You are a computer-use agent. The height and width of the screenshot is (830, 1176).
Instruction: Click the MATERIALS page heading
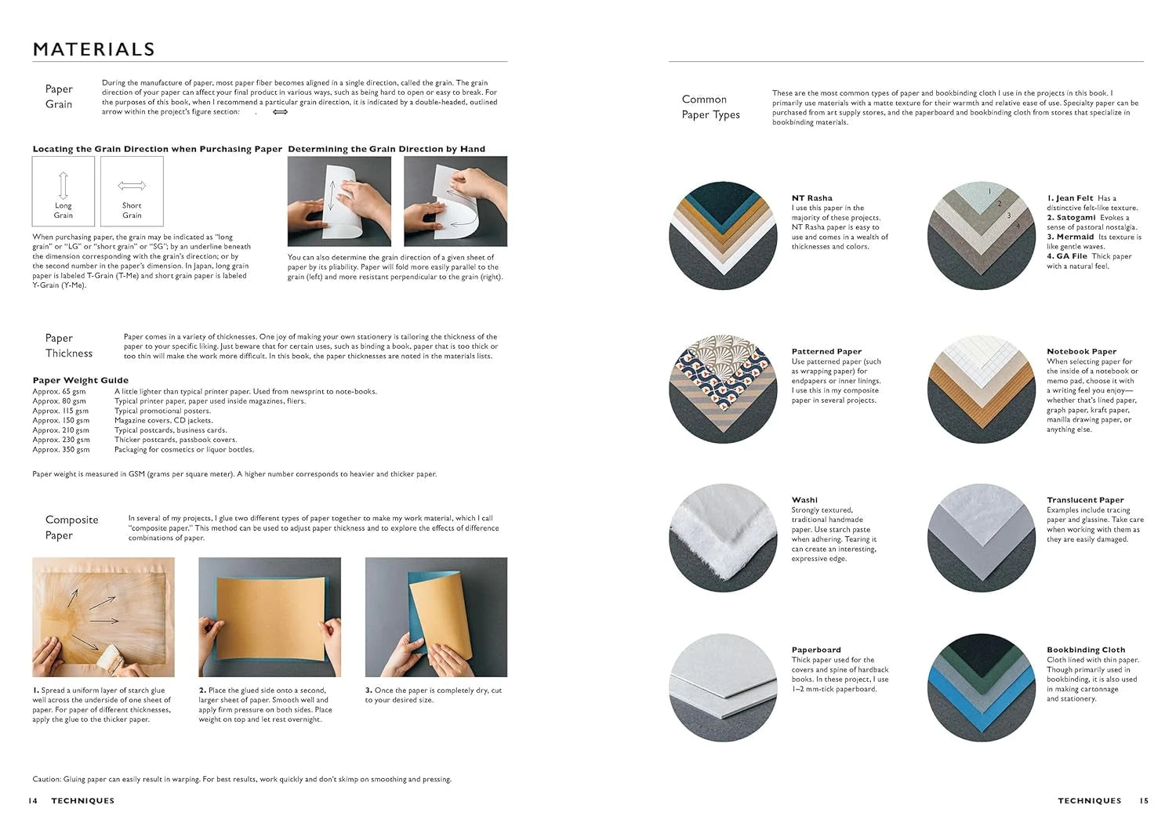coord(93,49)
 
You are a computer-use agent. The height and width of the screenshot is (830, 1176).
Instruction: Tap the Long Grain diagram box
coord(64,191)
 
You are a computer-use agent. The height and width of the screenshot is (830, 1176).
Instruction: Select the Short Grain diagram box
coord(132,191)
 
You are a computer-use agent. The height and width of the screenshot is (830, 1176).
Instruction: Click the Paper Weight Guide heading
coord(80,380)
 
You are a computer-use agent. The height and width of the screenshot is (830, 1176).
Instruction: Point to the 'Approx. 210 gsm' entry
coord(60,430)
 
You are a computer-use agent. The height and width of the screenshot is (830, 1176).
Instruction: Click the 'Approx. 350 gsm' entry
coord(60,450)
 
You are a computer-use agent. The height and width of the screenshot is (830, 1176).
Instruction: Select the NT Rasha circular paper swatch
coord(722,236)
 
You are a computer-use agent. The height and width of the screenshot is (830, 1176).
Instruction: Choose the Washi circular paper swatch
coord(722,538)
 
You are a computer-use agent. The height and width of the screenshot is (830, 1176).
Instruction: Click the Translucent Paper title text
coord(1085,500)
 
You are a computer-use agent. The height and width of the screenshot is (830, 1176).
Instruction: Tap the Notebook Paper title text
coord(1081,352)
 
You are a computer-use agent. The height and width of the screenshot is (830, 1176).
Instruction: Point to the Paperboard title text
coord(816,650)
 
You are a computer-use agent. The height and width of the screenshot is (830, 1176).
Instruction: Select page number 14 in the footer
coord(32,801)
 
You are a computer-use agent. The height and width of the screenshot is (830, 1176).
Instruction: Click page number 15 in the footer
coord(1144,801)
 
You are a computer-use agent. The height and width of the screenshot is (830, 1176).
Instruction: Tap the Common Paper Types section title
coord(710,107)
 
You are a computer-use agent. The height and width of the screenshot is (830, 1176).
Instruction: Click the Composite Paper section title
coord(71,527)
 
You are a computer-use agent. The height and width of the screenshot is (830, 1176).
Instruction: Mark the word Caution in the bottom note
coord(46,779)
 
